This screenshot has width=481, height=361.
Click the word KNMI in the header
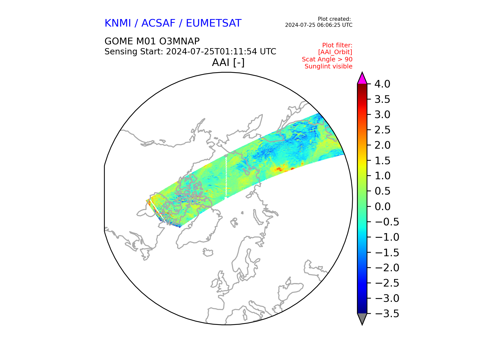[x=118, y=23]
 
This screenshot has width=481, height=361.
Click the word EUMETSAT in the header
[x=214, y=23]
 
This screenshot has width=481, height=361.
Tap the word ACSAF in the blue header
[x=158, y=23]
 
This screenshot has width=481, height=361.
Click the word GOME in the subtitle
[x=119, y=41]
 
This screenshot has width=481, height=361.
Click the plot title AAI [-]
[x=228, y=62]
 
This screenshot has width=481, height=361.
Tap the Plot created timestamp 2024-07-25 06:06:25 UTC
[x=319, y=25]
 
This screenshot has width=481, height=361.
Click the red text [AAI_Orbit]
[x=335, y=52]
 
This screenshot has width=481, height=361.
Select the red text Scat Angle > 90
[x=327, y=59]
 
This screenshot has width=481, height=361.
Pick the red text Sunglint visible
[x=328, y=66]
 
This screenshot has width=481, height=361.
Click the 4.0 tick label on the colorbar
[x=382, y=84]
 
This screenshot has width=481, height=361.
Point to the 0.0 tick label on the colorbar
[x=382, y=207]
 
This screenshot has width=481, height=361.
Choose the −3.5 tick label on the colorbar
[x=387, y=314]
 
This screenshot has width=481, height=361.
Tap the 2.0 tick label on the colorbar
[x=382, y=145]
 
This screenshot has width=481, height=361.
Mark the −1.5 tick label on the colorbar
[x=387, y=252]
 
